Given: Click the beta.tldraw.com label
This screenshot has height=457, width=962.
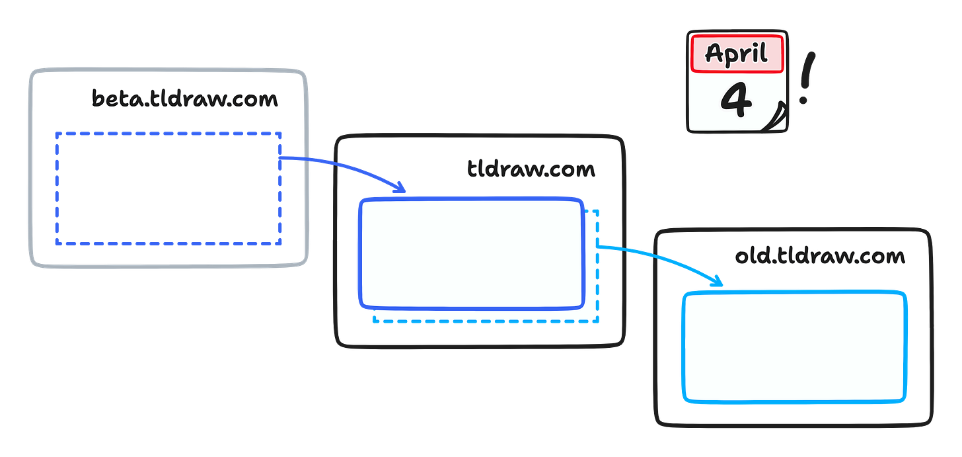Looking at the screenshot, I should pyautogui.click(x=185, y=99).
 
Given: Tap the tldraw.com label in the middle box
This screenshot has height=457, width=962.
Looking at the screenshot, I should pyautogui.click(x=531, y=169).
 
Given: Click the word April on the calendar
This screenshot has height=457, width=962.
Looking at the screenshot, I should pyautogui.click(x=737, y=53).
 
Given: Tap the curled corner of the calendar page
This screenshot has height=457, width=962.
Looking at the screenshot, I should pyautogui.click(x=778, y=120).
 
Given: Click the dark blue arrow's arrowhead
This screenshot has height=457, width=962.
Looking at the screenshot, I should pyautogui.click(x=400, y=189).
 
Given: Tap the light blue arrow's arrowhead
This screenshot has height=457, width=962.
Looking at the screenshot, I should pyautogui.click(x=718, y=283).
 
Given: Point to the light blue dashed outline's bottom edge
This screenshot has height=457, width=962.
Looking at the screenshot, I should pyautogui.click(x=486, y=323).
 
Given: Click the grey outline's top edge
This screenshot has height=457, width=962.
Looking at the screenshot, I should pyautogui.click(x=168, y=69).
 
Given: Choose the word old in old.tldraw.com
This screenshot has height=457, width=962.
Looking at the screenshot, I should pyautogui.click(x=749, y=256).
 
